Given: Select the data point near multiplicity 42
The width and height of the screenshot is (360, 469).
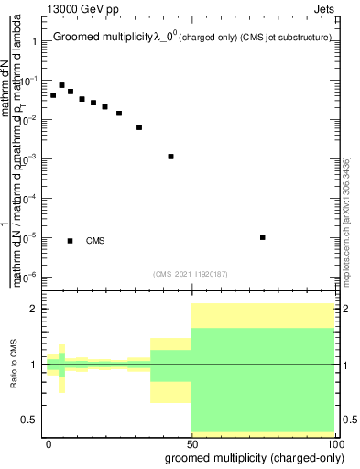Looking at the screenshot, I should pyautogui.click(x=171, y=157).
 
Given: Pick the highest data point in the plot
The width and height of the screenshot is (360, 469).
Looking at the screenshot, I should pyautogui.click(x=62, y=85).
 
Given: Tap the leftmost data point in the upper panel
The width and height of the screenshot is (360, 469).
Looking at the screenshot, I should pyautogui.click(x=53, y=95).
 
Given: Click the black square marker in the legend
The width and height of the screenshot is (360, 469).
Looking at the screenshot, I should pyautogui.click(x=71, y=241).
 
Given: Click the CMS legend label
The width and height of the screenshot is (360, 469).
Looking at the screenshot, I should pyautogui.click(x=95, y=241).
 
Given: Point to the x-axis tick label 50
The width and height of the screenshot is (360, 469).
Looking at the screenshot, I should pyautogui.click(x=191, y=443).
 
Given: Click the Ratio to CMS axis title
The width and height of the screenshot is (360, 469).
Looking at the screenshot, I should pyautogui.click(x=14, y=365).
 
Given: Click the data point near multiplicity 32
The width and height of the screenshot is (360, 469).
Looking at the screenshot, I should pyautogui.click(x=139, y=127).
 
